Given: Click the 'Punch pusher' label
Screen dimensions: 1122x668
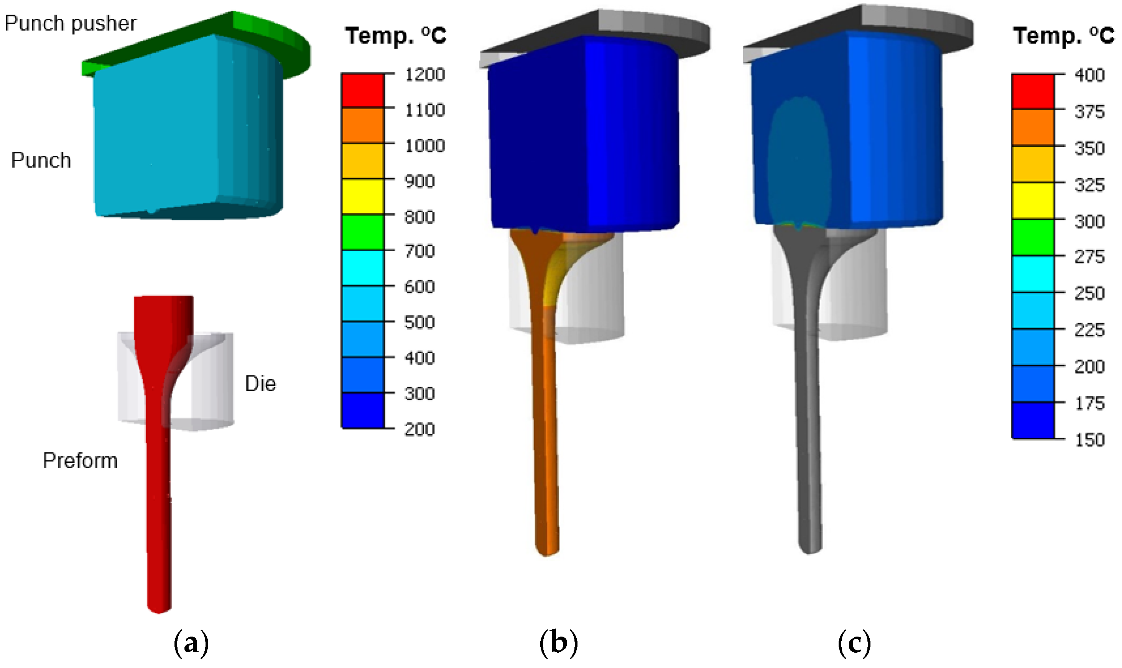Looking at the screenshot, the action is (x=70, y=23).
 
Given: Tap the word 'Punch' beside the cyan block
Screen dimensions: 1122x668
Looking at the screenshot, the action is (x=41, y=160).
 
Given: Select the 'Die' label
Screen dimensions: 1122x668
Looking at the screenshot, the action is (x=260, y=383).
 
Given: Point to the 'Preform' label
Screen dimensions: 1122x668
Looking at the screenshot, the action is (x=80, y=460).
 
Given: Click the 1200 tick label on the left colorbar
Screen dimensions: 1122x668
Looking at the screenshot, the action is (x=425, y=74).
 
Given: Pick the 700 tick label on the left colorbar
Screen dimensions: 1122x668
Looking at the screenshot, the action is (x=420, y=251).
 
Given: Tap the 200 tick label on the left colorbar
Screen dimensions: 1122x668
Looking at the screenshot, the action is (x=420, y=429).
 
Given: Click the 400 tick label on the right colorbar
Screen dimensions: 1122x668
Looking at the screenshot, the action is (x=1089, y=75).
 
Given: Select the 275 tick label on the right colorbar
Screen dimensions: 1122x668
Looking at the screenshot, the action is (x=1089, y=257).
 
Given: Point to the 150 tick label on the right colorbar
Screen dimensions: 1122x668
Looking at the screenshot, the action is (x=1089, y=440).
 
